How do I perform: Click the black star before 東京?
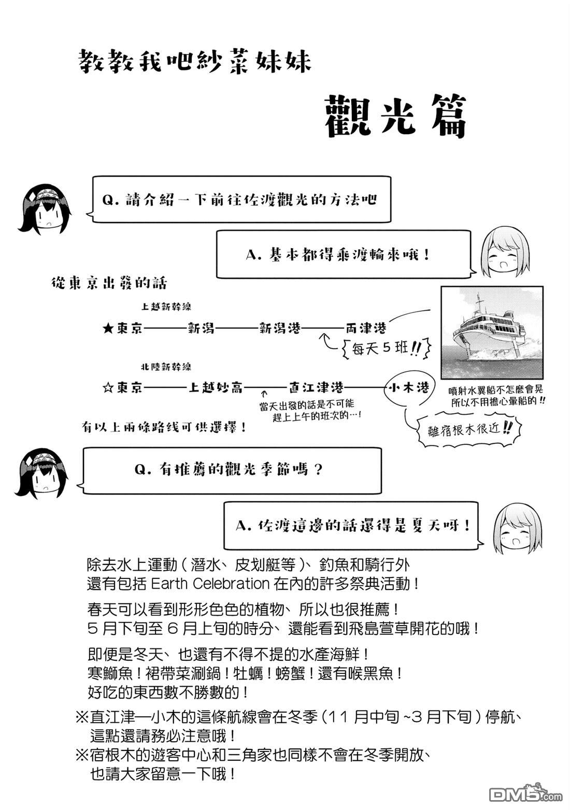click(x=108, y=329)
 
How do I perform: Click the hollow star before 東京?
click(x=108, y=388)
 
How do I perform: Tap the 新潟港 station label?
click(x=279, y=328)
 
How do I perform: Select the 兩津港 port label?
click(x=365, y=328)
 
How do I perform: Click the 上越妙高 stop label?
click(x=216, y=387)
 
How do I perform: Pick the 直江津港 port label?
click(x=316, y=387)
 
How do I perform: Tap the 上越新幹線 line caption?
click(x=166, y=307)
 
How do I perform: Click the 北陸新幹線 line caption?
click(x=166, y=367)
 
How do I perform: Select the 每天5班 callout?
click(x=386, y=348)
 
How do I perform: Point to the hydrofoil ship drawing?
click(x=492, y=332)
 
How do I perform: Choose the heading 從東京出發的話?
click(x=109, y=283)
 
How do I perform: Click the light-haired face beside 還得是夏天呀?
click(x=518, y=528)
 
